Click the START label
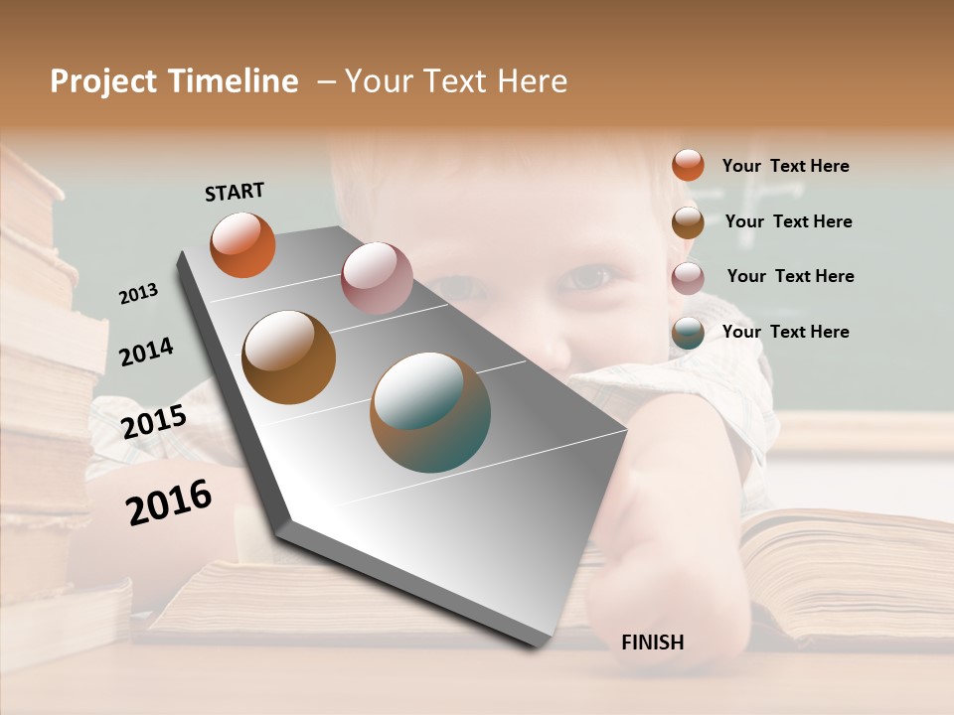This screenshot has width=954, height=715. coord(235,192)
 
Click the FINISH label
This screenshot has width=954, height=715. coord(652,643)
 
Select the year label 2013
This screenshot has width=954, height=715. coord(138,294)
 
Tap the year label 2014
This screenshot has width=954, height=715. coord(146,352)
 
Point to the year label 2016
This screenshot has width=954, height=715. coord(169,502)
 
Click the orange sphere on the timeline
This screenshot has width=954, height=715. coord(242,244)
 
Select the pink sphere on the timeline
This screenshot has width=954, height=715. coord(377,277)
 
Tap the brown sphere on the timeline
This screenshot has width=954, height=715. coord(288,357)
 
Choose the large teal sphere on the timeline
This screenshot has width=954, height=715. coord(430,412)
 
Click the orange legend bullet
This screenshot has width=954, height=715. coord(688,165)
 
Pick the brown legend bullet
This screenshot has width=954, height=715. coord(688,222)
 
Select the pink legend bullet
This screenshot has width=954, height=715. coord(688,278)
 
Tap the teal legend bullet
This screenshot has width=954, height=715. coord(688,333)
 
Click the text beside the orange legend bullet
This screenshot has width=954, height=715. coord(785,166)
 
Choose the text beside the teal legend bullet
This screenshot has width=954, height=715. coord(785,332)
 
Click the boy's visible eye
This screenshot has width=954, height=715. coord(590,278)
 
